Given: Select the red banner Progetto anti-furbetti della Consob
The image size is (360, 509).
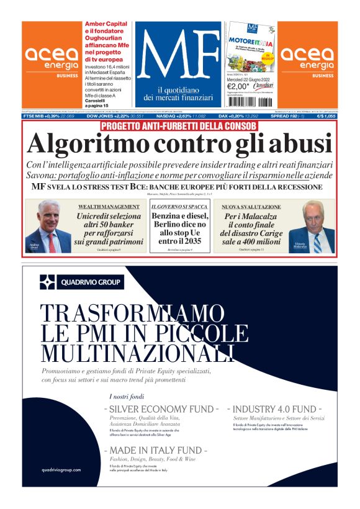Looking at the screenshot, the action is click(179, 127).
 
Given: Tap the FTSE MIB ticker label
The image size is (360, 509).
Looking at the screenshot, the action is click(35, 116).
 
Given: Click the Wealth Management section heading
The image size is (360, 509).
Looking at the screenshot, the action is click(109, 206).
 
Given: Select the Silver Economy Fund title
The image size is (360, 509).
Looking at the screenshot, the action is click(161, 410).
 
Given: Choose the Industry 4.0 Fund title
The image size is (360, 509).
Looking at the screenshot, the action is click(274, 410).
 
